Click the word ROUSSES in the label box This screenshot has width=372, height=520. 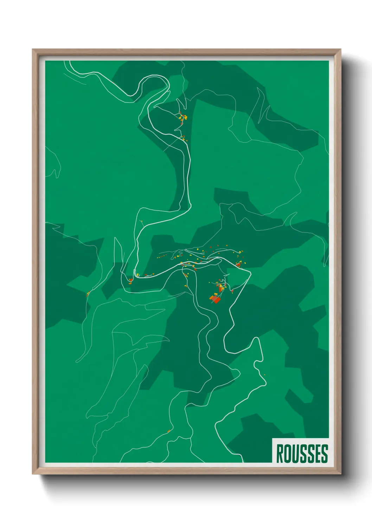302,454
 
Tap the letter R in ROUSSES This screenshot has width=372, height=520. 280,454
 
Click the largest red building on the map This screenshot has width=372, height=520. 215,299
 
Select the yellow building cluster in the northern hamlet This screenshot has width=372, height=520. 183,118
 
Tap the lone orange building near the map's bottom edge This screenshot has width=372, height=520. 169,431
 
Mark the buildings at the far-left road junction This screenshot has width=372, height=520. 88,293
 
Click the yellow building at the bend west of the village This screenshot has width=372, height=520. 138,274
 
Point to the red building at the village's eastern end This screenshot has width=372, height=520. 238,264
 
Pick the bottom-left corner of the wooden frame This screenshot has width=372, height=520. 33,474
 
